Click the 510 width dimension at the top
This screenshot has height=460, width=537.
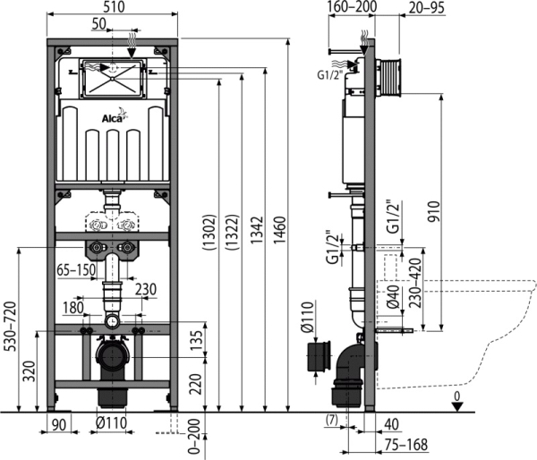(x=114, y=7)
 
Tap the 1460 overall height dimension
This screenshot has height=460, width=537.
(x=279, y=230)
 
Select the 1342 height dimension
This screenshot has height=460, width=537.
(x=257, y=230)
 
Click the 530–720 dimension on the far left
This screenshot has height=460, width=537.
(x=10, y=326)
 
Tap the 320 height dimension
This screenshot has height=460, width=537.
(x=30, y=371)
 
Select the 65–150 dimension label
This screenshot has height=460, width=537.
(x=76, y=270)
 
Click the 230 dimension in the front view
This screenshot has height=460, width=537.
(x=146, y=289)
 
